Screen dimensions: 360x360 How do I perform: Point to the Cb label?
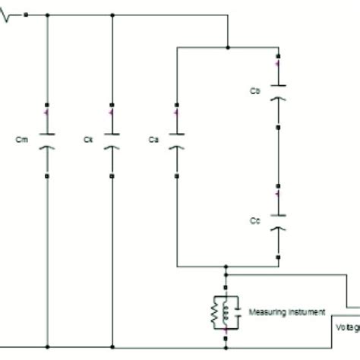pyautogui.click(x=255, y=91)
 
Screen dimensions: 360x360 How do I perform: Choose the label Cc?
pyautogui.click(x=255, y=219)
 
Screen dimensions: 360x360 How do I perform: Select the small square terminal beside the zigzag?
pyautogui.click(x=26, y=14)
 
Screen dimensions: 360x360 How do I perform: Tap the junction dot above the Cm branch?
pyautogui.click(x=47, y=14)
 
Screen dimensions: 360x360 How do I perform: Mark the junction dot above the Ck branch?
pyautogui.click(x=112, y=14)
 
